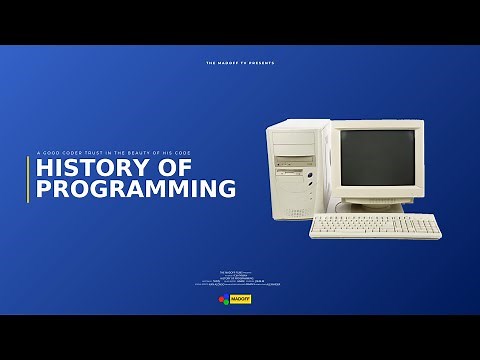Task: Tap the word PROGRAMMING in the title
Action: pyautogui.click(x=136, y=188)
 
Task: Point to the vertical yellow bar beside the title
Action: pyautogui.click(x=28, y=179)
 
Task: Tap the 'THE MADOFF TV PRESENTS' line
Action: pyautogui.click(x=240, y=63)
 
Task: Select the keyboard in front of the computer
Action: pyautogui.click(x=374, y=226)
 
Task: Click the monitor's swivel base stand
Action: pyautogui.click(x=372, y=207)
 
